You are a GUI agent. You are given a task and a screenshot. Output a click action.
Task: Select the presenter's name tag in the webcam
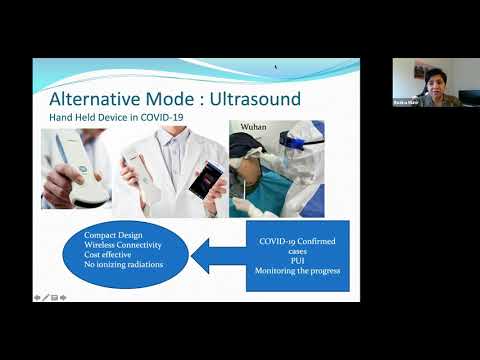click(404, 102)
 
